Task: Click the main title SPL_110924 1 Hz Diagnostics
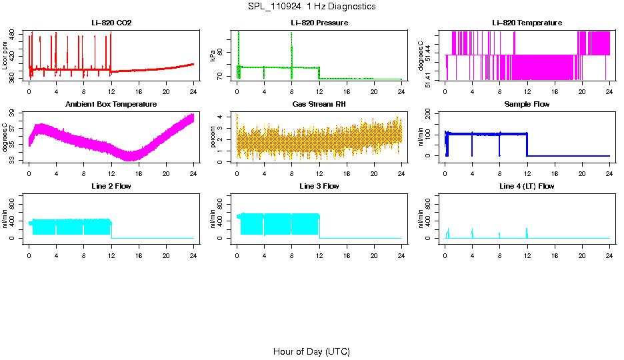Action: (x=311, y=6)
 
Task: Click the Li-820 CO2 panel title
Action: (x=111, y=23)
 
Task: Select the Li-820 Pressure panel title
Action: (x=319, y=23)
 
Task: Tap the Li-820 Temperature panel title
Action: (x=527, y=23)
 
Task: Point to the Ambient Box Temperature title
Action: (x=111, y=105)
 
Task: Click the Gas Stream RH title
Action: (x=319, y=105)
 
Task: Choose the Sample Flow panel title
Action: (x=527, y=105)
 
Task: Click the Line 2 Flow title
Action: (x=111, y=186)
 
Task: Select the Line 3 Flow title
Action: (x=319, y=186)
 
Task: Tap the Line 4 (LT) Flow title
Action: (x=527, y=186)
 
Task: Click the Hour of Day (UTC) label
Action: (x=311, y=351)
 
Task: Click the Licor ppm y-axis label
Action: (x=5, y=56)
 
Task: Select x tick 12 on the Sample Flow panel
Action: (x=527, y=173)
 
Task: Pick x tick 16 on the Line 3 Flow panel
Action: (x=347, y=255)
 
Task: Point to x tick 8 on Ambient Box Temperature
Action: (x=84, y=173)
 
